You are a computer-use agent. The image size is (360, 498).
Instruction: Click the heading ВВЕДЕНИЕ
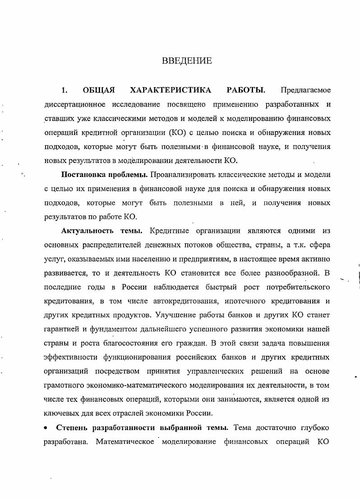187,61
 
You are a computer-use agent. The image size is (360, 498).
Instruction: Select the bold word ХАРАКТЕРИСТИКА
171,90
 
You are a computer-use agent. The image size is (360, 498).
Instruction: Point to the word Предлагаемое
305,90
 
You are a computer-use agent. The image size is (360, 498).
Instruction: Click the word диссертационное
74,104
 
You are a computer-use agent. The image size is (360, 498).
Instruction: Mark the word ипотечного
250,301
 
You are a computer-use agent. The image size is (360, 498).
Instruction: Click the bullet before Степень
45,428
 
